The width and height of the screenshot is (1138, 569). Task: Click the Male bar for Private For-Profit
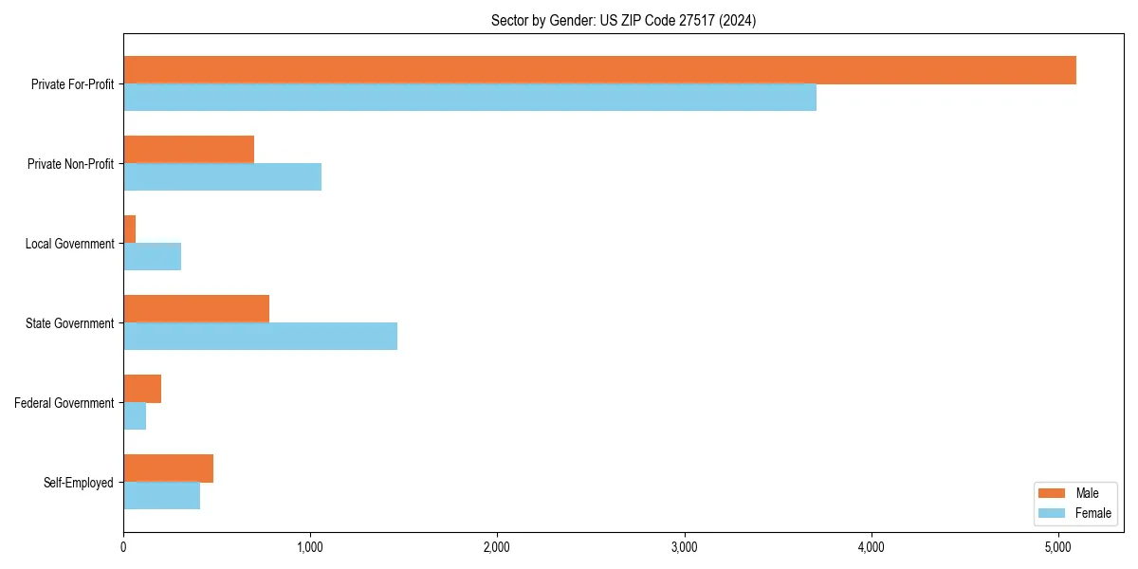coord(599,70)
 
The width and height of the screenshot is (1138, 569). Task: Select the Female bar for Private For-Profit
coord(469,98)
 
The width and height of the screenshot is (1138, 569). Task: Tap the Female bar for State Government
coord(260,337)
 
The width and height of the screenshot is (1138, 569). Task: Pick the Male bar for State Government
coord(196,309)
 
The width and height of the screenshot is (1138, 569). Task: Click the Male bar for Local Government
coord(130,229)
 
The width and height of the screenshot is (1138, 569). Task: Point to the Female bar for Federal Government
coord(135,416)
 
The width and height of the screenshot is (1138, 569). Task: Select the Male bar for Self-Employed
coord(168,468)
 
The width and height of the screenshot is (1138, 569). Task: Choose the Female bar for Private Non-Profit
coord(222,177)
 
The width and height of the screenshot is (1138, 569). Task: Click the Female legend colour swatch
coord(1052,513)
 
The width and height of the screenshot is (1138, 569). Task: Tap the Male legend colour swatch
coord(1052,493)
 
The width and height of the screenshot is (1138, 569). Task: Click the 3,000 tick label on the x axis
coord(684,547)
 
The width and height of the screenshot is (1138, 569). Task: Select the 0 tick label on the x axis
coord(123,547)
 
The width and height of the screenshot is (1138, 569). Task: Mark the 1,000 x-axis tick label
coord(310,547)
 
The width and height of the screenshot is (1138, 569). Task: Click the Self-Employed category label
coord(78,483)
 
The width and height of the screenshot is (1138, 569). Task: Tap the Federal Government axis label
coord(64,403)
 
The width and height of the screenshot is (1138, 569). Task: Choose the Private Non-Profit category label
coord(70,164)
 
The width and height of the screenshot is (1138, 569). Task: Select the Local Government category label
coord(69,244)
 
